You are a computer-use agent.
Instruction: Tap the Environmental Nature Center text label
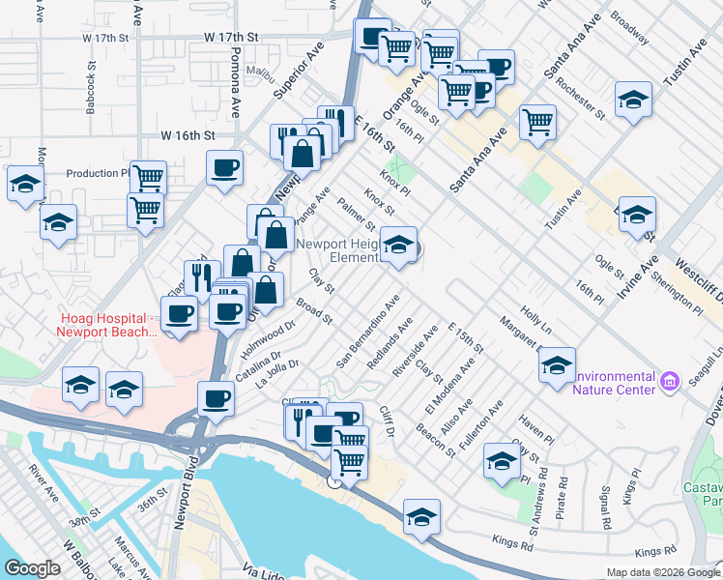[x=614, y=384]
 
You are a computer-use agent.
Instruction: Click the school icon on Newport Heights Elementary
[x=398, y=245]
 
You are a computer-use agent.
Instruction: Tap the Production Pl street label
[x=98, y=174]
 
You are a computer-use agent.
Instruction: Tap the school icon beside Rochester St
[x=633, y=100]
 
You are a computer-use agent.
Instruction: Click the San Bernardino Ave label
[x=368, y=331]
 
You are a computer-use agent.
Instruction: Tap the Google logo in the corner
[x=33, y=567]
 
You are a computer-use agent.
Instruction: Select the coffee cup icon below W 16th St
[x=224, y=167]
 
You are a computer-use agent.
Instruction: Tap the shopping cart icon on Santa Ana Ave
[x=537, y=122]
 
